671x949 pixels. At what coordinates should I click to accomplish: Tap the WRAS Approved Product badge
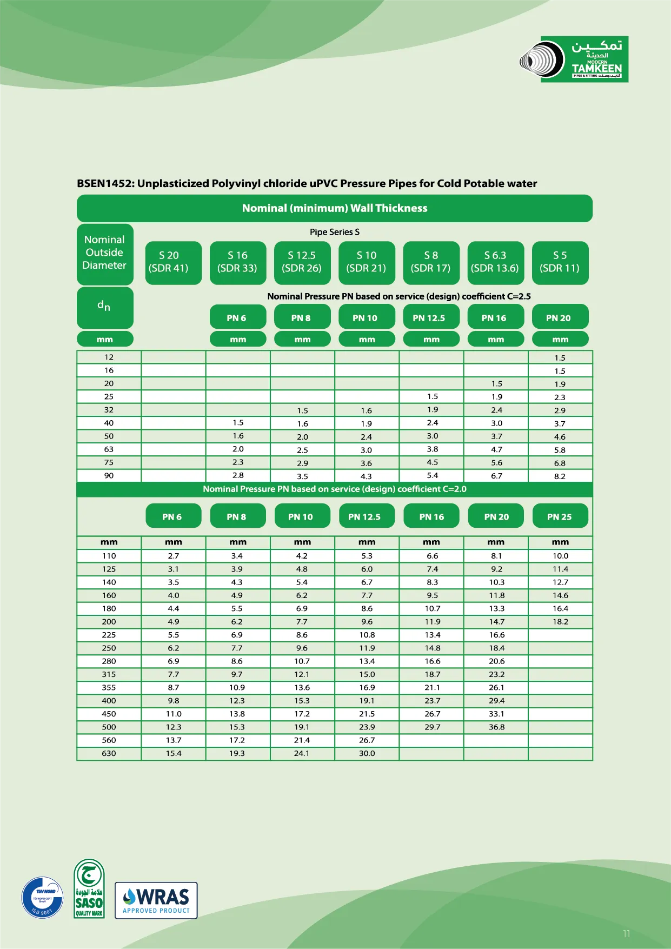156,900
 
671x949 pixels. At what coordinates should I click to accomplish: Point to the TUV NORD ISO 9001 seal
43,897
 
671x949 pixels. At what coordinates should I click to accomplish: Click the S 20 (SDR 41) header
173,262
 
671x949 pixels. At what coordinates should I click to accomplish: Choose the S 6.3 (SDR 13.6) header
495,262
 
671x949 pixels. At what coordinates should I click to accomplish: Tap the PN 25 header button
559,516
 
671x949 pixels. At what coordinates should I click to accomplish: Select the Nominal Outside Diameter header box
105,253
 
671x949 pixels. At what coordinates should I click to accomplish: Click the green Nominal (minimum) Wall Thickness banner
334,208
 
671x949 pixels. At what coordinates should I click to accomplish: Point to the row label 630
109,753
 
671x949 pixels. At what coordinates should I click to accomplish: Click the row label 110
109,556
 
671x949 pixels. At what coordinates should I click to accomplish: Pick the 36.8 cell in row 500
496,727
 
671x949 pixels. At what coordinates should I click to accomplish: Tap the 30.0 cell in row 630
367,753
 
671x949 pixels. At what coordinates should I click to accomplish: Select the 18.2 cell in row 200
560,622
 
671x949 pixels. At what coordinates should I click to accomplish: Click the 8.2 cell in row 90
560,476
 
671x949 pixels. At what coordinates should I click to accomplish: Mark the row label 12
109,357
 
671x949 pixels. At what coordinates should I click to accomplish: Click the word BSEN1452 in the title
104,183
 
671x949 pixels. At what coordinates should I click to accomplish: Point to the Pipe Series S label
334,232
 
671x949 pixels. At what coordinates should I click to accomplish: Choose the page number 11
626,933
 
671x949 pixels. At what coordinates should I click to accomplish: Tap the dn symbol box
104,307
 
